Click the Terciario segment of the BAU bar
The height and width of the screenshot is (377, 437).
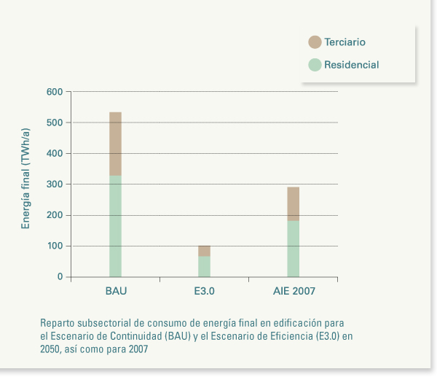[115, 144]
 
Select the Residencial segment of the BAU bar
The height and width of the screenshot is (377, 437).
[115, 226]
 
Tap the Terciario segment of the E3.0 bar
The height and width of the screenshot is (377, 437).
[204, 251]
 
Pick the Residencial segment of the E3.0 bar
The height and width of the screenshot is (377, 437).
[204, 267]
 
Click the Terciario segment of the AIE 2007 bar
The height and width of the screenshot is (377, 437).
[293, 204]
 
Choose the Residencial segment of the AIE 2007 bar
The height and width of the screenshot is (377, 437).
[293, 249]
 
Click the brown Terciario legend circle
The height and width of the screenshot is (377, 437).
[315, 42]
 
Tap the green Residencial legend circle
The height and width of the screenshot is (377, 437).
[315, 64]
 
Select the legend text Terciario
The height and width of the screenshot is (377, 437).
[345, 42]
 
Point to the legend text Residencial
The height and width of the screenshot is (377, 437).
[351, 64]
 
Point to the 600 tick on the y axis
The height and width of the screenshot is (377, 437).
[55, 92]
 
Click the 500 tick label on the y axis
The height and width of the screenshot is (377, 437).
[55, 123]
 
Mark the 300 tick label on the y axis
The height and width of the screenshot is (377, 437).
[55, 184]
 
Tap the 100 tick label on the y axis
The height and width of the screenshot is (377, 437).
[55, 246]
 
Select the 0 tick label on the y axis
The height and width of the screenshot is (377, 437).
[60, 276]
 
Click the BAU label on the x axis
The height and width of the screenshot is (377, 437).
[116, 291]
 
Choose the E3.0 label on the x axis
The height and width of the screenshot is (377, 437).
[205, 291]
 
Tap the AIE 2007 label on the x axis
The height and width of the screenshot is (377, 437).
[294, 291]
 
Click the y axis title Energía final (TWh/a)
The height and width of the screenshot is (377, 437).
[26, 179]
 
